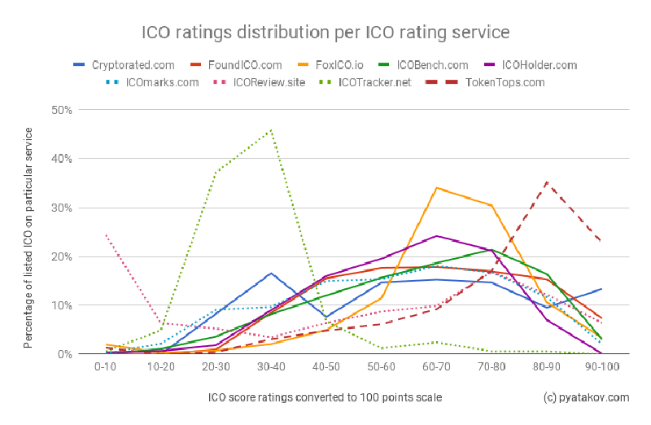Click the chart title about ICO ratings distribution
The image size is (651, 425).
[x=325, y=33]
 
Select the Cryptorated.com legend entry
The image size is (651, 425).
[x=127, y=65]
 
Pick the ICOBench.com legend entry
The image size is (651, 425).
[x=432, y=65]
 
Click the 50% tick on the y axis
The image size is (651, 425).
[x=63, y=110]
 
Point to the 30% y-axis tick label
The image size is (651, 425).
[x=63, y=208]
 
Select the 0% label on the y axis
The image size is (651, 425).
[x=66, y=354]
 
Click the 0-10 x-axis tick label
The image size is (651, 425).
[x=106, y=368]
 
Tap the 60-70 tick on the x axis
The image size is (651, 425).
[x=436, y=368]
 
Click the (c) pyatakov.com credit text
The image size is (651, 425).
[x=586, y=397]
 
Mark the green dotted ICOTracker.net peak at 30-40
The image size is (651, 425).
[x=271, y=130]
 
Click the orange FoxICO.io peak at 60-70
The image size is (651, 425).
[x=437, y=188]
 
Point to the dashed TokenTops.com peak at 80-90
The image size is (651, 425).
[x=548, y=182]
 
